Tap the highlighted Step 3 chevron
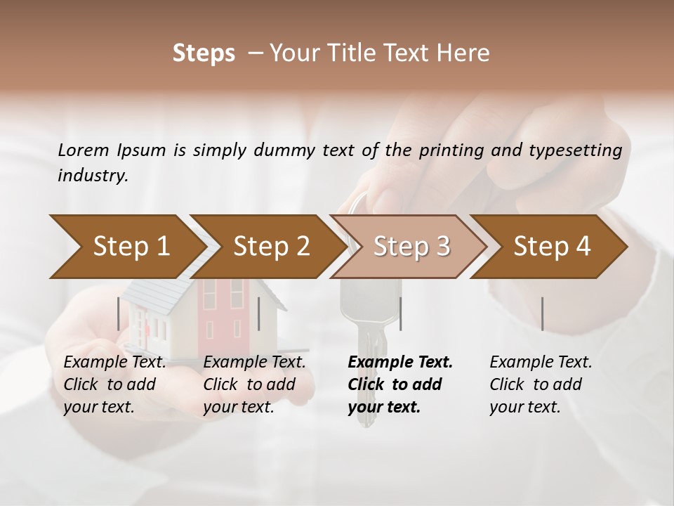click(411, 246)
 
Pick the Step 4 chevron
click(551, 246)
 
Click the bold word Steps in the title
click(204, 53)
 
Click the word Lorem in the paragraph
click(83, 150)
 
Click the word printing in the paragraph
click(454, 150)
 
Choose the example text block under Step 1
click(114, 384)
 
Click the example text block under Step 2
click(254, 384)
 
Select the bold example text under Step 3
click(399, 384)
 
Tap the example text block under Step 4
click(541, 384)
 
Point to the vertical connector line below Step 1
click(118, 313)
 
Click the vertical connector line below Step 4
click(542, 313)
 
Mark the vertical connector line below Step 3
click(400, 313)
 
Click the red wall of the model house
click(218, 309)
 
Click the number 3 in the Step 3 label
click(442, 246)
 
